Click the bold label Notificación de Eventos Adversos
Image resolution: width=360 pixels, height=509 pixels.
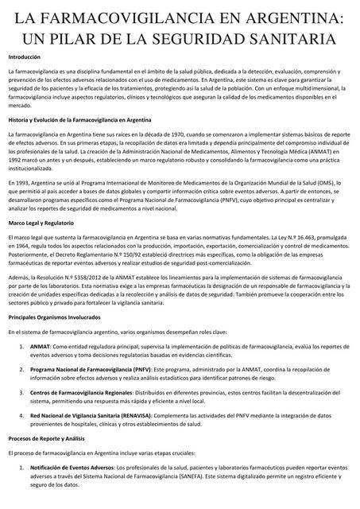[72, 468]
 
